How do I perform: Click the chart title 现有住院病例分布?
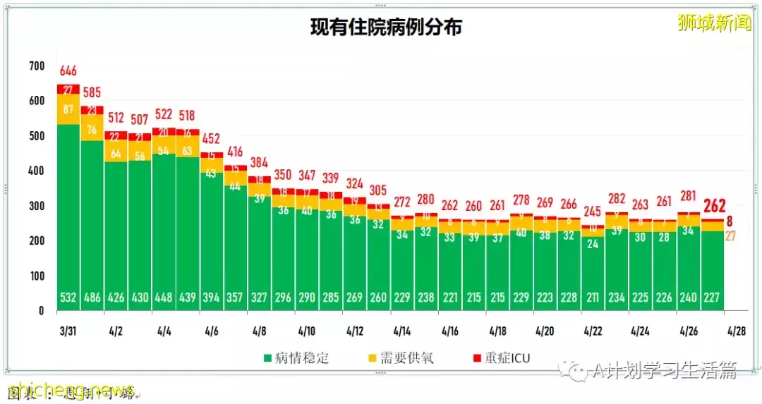(x=386, y=27)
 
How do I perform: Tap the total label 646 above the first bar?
(x=68, y=71)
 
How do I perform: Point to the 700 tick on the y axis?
(x=36, y=66)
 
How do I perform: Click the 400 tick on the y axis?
(x=36, y=171)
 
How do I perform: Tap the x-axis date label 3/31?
(x=68, y=330)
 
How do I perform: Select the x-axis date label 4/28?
(x=736, y=330)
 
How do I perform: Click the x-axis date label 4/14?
(x=402, y=330)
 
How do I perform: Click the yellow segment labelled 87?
(x=68, y=109)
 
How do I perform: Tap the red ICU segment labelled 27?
(x=68, y=90)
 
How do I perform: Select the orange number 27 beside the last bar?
(x=730, y=236)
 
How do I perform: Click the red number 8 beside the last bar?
(x=730, y=220)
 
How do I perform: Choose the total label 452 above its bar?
(x=212, y=139)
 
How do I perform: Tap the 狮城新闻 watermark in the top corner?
(x=714, y=23)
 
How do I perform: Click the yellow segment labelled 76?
(x=92, y=129)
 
